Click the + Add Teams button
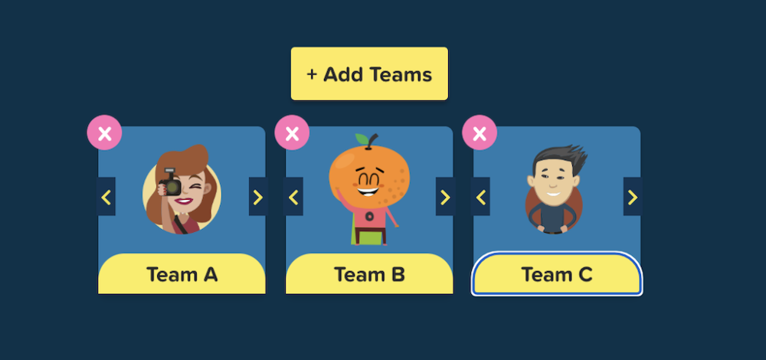point(369,74)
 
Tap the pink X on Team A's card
point(104,133)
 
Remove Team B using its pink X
point(292,133)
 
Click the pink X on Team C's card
point(480,133)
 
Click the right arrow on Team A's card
point(258,197)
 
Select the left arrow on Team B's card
point(293,197)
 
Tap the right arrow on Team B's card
point(445,197)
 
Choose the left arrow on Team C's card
point(481,197)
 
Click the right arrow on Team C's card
point(633,197)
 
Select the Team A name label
point(182,274)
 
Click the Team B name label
point(369,274)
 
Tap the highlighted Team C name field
point(557,274)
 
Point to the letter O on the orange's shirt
point(369,215)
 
